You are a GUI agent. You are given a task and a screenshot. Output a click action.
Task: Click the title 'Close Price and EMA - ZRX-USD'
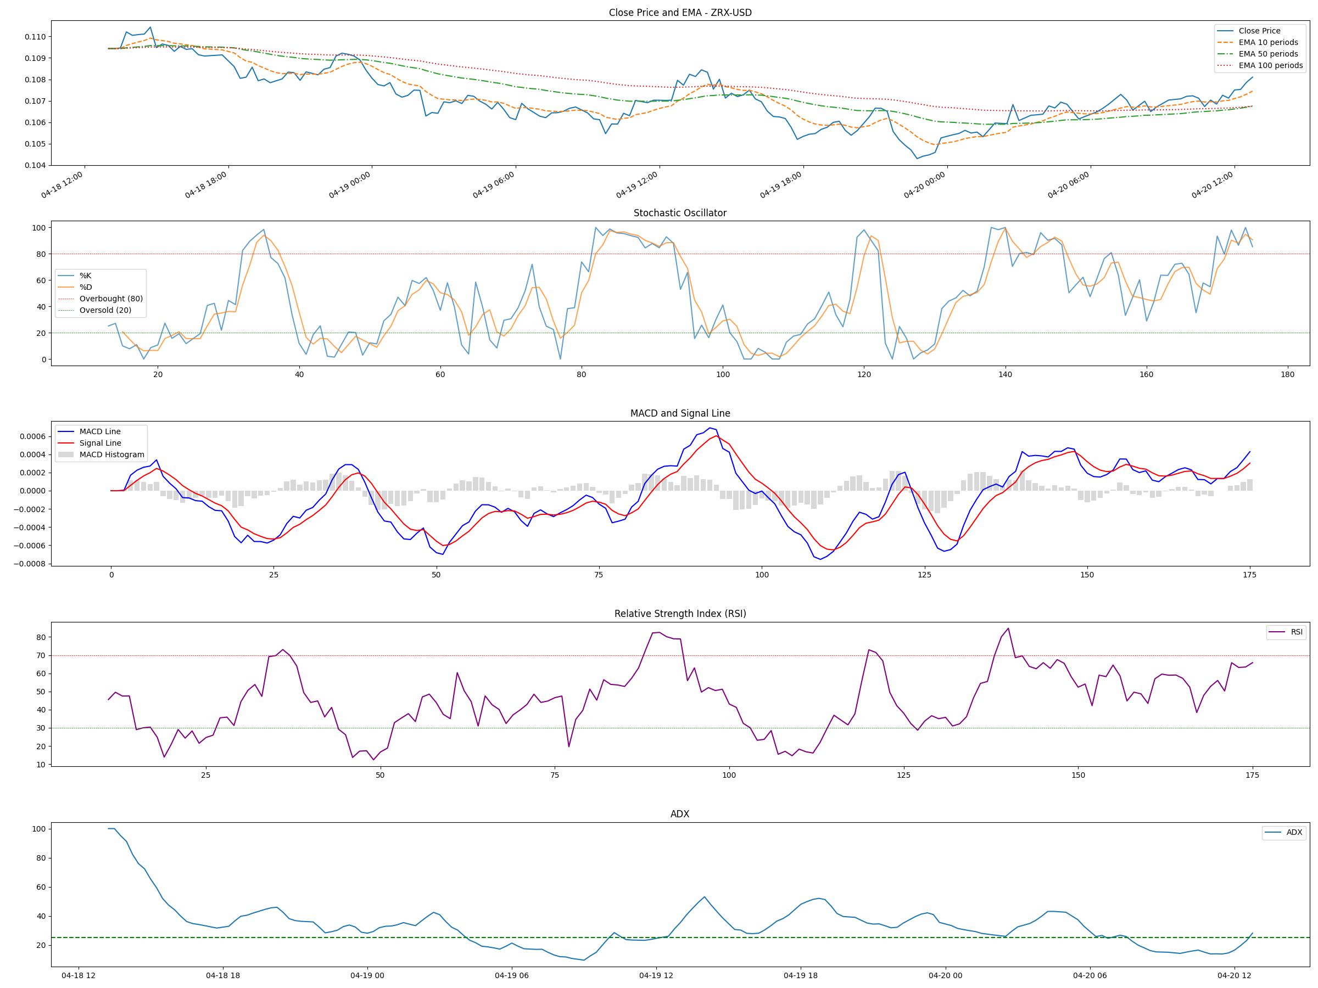(680, 13)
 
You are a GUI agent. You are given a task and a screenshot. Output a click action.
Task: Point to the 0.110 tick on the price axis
(35, 37)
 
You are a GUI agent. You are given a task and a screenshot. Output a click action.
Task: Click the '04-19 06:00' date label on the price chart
(493, 185)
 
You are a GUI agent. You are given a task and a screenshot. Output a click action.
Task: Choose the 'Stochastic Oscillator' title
(680, 213)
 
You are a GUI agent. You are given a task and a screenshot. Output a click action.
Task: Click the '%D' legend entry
(86, 287)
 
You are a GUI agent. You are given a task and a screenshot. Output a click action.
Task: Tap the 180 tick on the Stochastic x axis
(1287, 374)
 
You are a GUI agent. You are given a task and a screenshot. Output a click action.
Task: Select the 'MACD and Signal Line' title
(680, 413)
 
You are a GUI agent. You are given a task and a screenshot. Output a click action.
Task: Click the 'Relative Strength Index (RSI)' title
(680, 614)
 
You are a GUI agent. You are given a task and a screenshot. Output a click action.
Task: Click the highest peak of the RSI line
(1008, 628)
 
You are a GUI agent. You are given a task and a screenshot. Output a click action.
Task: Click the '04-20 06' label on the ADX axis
(1090, 975)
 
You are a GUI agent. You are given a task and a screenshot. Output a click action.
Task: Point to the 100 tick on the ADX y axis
(39, 829)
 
